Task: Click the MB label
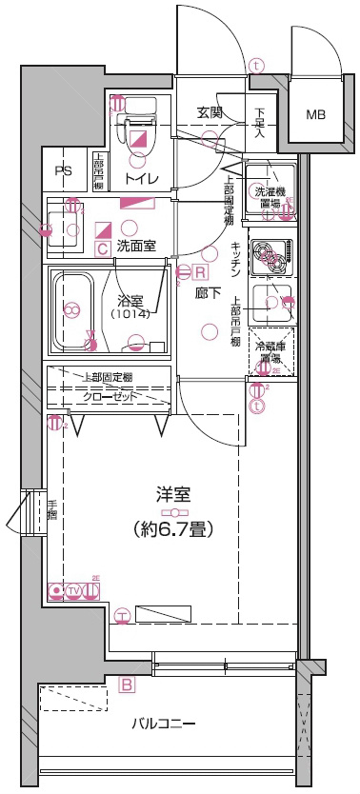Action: [315, 115]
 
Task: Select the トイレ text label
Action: [142, 178]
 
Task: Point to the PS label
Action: [64, 172]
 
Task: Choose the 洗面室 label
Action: [137, 247]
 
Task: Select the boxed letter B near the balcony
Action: [126, 683]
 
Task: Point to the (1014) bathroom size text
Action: [131, 313]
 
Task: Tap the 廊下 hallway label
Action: [207, 294]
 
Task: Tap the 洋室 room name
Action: [173, 494]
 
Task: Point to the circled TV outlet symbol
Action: [74, 591]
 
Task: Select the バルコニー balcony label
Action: [163, 725]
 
